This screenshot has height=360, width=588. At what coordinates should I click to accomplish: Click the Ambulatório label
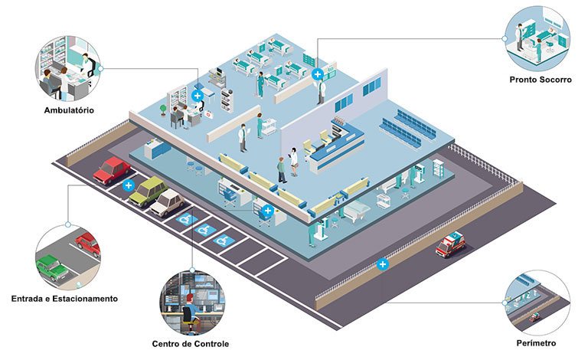[69, 110]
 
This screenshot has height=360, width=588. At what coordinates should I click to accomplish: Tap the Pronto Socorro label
[541, 80]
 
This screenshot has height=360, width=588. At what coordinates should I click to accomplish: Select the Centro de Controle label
[191, 344]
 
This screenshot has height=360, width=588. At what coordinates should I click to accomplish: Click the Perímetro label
[536, 343]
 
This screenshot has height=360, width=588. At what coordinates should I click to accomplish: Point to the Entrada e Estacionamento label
[64, 299]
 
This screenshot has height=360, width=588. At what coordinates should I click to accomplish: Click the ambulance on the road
[450, 244]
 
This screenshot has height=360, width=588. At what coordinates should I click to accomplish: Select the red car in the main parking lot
[112, 170]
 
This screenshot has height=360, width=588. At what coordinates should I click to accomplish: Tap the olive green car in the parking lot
[149, 191]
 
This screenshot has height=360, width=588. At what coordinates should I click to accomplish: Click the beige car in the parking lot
[168, 202]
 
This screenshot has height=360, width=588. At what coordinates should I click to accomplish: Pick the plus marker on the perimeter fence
[383, 264]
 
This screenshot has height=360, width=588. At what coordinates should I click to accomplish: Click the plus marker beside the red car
[129, 185]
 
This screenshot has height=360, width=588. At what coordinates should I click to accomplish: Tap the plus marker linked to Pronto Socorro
[318, 74]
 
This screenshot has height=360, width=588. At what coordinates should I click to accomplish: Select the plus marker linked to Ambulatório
[198, 96]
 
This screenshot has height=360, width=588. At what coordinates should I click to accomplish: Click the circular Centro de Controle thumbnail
[192, 303]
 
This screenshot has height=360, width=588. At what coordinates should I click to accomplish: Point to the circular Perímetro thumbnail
[537, 303]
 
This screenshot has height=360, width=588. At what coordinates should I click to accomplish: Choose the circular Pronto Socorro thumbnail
[537, 38]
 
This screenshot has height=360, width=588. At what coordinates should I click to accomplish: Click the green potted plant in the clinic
[163, 110]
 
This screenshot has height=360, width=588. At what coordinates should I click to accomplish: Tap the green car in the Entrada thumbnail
[52, 267]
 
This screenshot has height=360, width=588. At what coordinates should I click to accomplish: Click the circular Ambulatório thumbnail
[68, 69]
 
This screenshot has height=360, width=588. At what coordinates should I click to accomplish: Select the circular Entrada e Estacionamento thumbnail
[68, 257]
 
